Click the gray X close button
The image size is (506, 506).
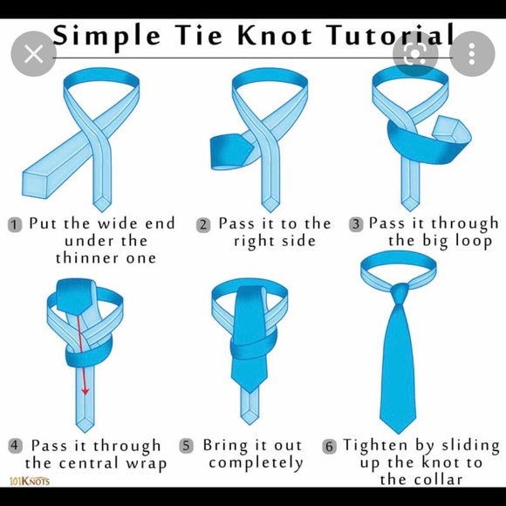(33, 53)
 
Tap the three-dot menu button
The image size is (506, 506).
(472, 53)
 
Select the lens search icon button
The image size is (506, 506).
(415, 53)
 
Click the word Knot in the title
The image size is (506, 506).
(275, 35)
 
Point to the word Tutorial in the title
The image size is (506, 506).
(390, 35)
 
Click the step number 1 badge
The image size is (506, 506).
(15, 224)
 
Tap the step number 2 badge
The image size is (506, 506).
(203, 224)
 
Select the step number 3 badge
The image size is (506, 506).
(356, 224)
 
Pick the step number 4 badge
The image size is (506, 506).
(15, 446)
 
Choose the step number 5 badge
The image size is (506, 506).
(186, 446)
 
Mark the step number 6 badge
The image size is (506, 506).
(329, 447)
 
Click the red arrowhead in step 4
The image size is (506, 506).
(85, 391)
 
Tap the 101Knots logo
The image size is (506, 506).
(30, 482)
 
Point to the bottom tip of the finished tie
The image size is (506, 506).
(398, 434)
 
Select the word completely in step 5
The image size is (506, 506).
(256, 463)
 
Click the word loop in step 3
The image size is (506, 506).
(474, 242)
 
